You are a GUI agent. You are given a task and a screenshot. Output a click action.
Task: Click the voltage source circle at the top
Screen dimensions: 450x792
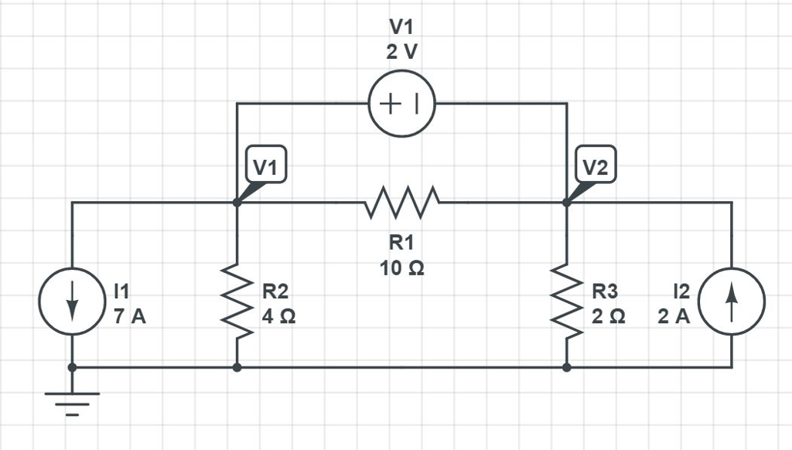tap(401, 104)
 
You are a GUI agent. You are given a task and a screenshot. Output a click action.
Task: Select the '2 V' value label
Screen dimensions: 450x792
tap(401, 53)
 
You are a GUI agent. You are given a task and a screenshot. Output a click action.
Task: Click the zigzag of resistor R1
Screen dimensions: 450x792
tap(401, 203)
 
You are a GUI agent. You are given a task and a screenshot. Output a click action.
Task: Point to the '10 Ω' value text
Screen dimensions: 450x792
tap(401, 268)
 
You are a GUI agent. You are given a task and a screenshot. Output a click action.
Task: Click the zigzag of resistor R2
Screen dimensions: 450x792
tap(237, 302)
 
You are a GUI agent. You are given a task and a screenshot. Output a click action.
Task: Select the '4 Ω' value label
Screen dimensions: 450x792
tap(278, 316)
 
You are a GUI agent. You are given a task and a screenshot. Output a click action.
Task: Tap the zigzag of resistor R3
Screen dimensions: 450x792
tap(567, 302)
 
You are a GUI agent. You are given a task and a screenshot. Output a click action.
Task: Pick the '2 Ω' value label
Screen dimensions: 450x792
tap(609, 316)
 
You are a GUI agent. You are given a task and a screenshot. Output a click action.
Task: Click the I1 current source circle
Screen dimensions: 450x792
tap(72, 302)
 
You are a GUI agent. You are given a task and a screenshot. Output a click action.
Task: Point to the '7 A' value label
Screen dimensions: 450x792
tap(129, 316)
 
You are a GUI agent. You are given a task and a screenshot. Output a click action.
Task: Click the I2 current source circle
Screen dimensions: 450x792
tap(732, 302)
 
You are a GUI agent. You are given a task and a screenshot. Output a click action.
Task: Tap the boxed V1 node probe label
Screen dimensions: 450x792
tap(266, 165)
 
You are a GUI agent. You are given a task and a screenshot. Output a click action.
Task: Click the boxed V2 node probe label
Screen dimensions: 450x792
tap(596, 165)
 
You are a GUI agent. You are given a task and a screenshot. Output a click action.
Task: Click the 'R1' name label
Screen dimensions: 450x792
tap(401, 244)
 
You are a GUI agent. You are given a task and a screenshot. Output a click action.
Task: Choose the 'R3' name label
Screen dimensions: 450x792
tap(606, 291)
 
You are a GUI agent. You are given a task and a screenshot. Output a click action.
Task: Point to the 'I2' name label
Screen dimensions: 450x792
tap(681, 291)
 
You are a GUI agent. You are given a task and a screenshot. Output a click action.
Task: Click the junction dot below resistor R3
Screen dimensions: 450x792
tap(567, 367)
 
